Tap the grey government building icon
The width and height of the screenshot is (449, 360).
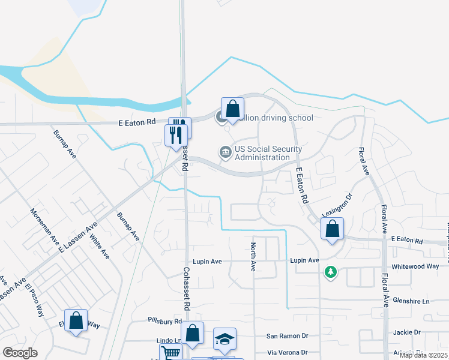[225, 153]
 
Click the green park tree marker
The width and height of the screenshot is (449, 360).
[330, 272]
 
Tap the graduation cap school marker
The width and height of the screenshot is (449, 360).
[225, 341]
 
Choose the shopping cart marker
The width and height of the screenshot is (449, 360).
[170, 354]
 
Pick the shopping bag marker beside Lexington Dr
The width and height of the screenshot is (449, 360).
[332, 229]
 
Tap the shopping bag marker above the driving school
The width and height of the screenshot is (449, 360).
[232, 109]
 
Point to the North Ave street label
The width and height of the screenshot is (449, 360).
[253, 257]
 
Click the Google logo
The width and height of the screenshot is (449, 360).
[20, 352]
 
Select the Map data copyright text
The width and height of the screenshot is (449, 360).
[423, 355]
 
